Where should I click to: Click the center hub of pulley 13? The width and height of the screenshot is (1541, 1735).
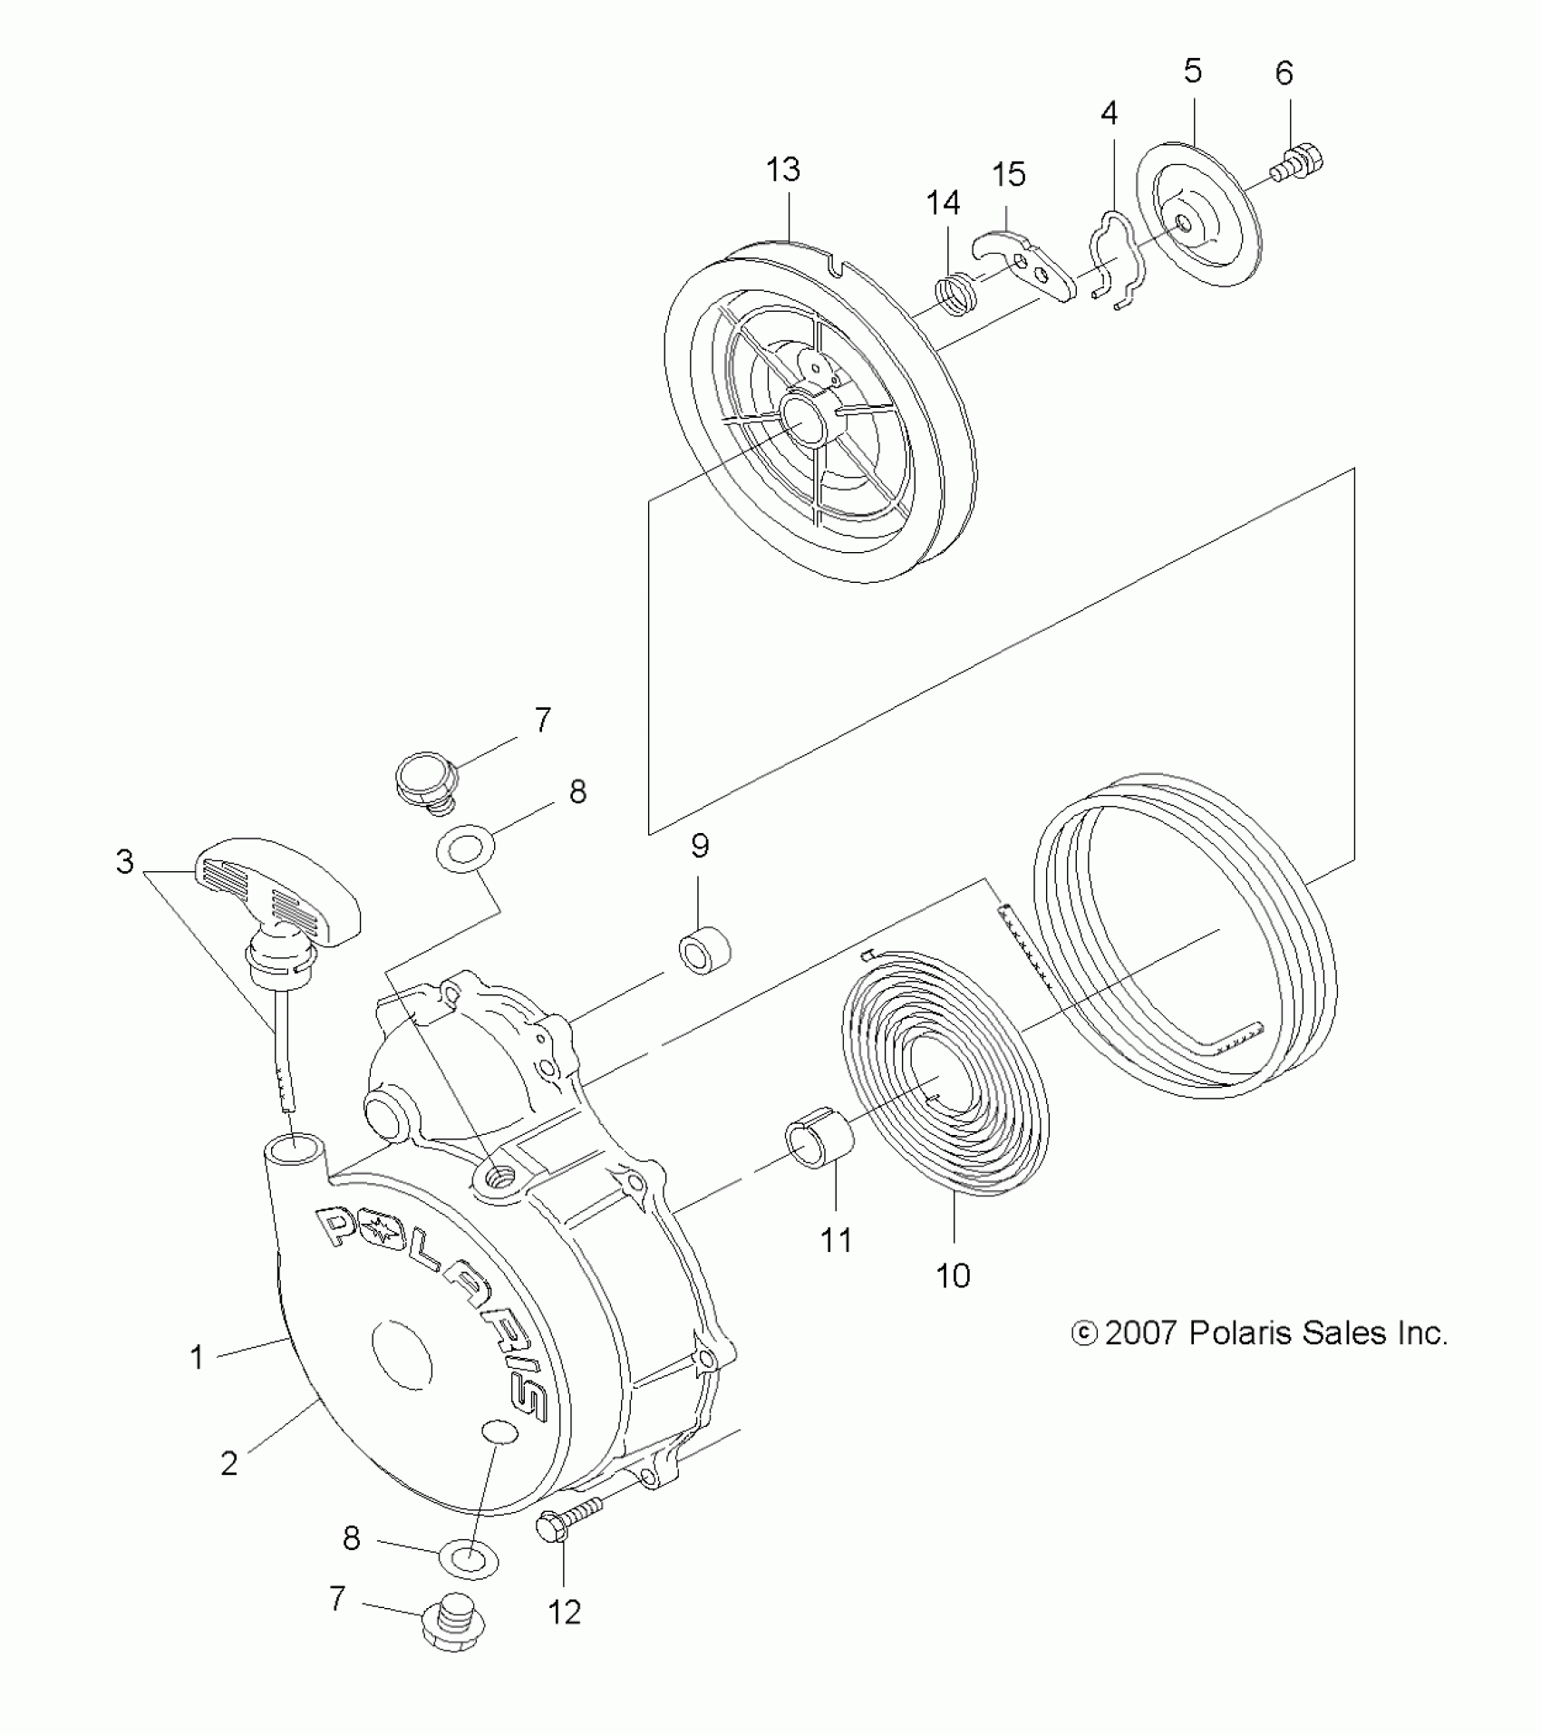point(803,417)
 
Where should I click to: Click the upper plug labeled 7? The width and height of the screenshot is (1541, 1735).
point(424,776)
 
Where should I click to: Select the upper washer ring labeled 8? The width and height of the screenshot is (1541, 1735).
point(466,851)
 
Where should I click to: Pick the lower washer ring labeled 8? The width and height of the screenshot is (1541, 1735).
point(470,1560)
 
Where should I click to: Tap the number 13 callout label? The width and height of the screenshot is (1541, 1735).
point(783,170)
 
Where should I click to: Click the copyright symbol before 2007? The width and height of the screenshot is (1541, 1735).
point(1083,1333)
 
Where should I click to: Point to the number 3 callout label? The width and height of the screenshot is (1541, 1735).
point(125,862)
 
